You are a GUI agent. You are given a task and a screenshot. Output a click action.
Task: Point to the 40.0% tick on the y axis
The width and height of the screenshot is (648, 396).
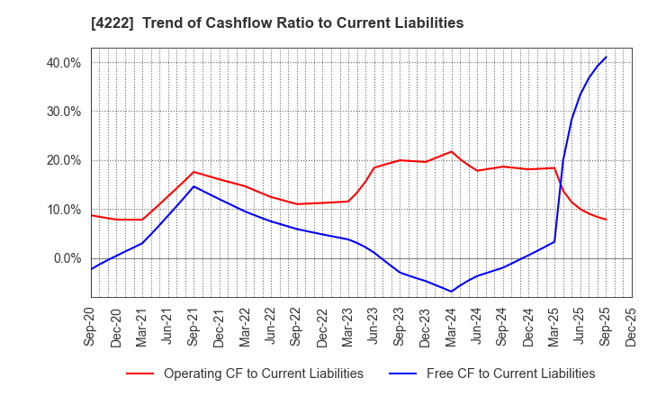tap(62, 63)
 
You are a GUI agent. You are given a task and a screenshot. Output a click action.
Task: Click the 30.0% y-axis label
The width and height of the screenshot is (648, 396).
tap(62, 112)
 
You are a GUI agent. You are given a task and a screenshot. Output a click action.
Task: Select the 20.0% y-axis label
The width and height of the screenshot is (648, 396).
tap(62, 160)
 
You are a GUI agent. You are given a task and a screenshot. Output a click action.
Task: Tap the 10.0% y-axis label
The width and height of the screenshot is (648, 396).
tap(62, 210)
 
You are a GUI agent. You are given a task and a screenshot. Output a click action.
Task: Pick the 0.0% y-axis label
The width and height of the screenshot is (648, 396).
tap(66, 258)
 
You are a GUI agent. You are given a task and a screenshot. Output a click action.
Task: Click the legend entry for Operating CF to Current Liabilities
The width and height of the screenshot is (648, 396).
tap(263, 373)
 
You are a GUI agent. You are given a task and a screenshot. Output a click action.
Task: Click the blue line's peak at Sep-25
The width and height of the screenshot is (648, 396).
tap(606, 57)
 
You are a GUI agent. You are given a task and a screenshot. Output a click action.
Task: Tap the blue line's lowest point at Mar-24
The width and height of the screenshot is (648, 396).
tap(452, 292)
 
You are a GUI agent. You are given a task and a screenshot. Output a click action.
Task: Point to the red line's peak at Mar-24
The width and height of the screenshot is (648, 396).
tap(452, 151)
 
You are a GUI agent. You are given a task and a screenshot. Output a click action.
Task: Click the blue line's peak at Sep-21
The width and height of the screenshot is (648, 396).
tap(193, 186)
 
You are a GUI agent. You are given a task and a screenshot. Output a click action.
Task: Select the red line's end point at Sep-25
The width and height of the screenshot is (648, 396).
tap(606, 220)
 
